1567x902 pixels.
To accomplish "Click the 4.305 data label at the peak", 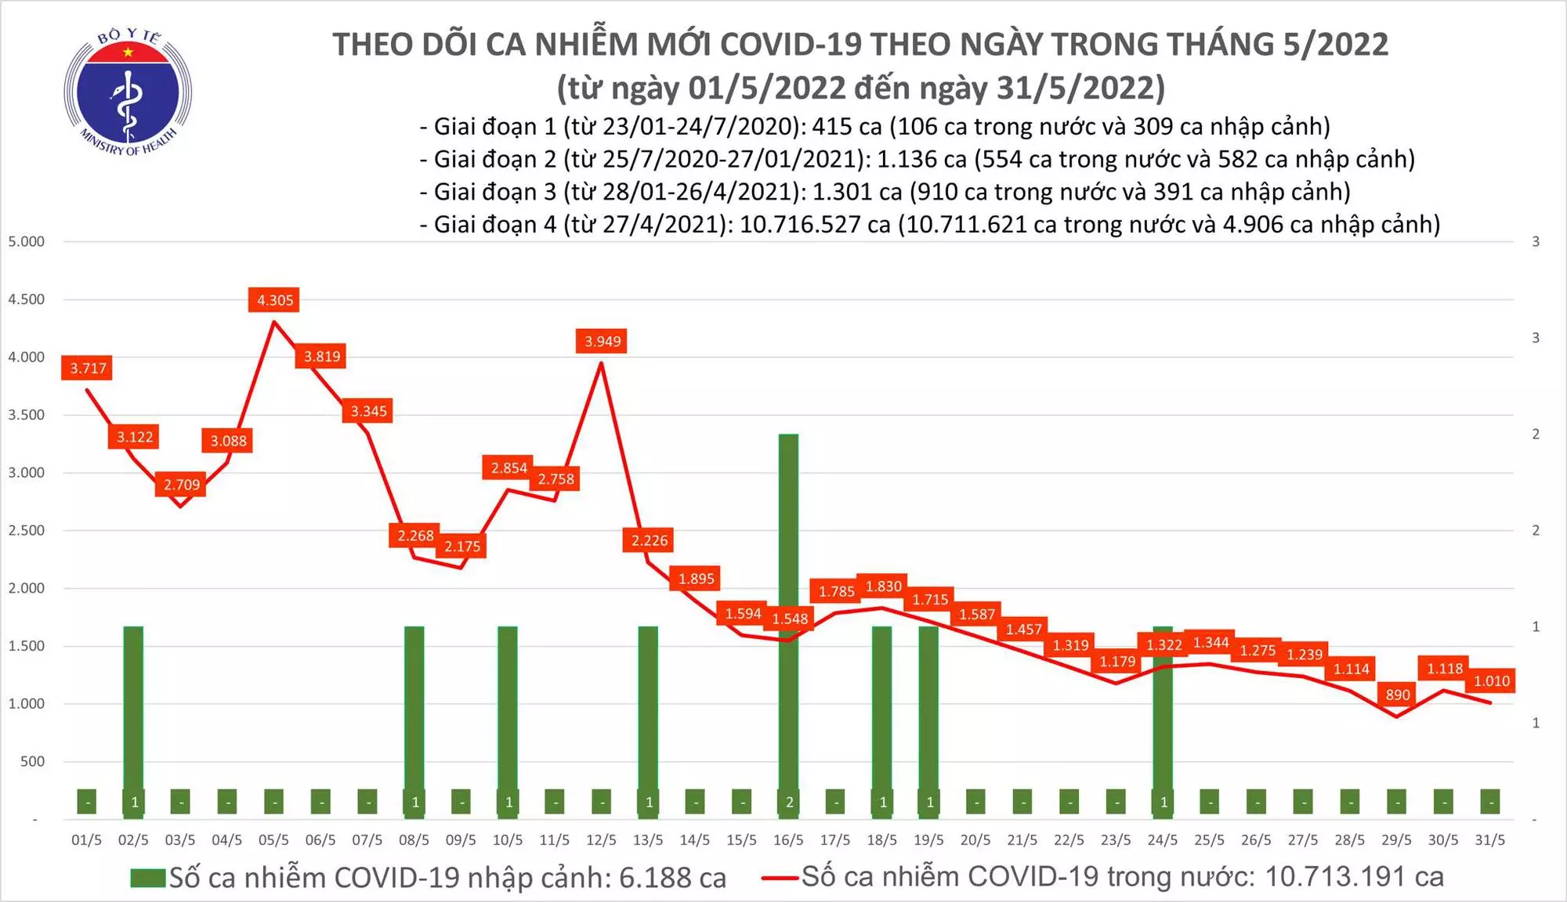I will click(274, 300).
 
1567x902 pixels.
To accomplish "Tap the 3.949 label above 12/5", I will click(602, 341).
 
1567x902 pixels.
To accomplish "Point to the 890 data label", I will click(1397, 694).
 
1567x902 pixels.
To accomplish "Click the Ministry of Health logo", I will click(128, 92).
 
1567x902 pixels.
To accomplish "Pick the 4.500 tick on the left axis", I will click(27, 299).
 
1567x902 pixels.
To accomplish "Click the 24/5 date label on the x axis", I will click(1162, 840).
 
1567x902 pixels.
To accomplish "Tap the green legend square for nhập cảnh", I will click(148, 878).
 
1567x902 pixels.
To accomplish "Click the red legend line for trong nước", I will click(780, 878).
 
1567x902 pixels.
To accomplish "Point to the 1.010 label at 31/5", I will click(1491, 681).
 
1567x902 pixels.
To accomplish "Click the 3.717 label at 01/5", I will click(88, 368).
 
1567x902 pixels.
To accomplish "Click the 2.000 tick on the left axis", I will click(27, 588).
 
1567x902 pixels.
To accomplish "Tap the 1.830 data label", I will click(883, 586).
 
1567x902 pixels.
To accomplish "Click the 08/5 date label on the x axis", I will click(414, 840).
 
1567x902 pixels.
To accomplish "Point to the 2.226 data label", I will click(650, 540).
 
